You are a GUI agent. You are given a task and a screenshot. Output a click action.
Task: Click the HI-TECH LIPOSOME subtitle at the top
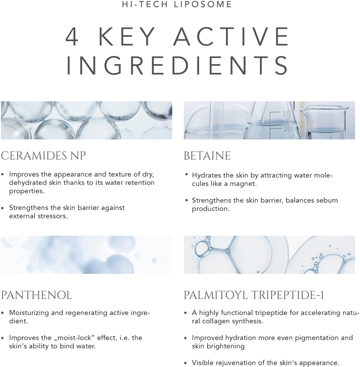click(x=180, y=5)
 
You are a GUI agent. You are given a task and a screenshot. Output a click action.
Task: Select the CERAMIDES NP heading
click(x=43, y=156)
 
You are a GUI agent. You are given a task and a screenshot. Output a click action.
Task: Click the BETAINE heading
click(x=207, y=156)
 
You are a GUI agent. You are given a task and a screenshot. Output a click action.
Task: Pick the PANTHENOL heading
click(x=36, y=295)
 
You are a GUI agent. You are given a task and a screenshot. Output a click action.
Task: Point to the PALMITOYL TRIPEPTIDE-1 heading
click(x=253, y=295)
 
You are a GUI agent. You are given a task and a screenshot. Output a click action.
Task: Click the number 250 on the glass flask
click(x=287, y=114)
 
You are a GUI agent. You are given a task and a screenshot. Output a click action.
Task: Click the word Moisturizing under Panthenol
click(x=30, y=312)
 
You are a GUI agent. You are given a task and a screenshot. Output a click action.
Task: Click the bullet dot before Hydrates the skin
click(x=186, y=176)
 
